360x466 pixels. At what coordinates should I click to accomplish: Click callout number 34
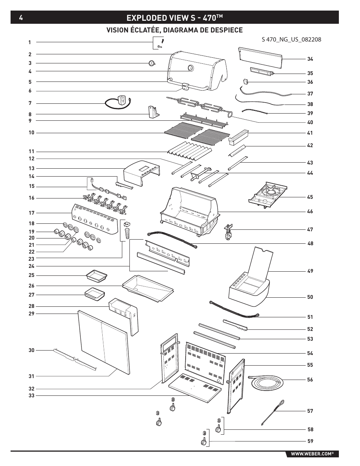click(310, 59)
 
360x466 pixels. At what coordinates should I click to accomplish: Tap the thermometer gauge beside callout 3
click(152, 63)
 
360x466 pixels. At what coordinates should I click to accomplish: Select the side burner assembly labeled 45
click(268, 195)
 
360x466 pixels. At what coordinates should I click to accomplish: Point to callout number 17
click(32, 213)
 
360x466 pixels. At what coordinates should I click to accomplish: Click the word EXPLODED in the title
click(146, 18)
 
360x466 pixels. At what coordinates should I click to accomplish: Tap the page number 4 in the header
click(21, 18)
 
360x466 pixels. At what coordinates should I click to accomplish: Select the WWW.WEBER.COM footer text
click(312, 454)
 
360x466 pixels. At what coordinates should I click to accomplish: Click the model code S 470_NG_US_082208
click(291, 40)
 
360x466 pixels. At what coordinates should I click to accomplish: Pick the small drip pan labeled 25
click(96, 276)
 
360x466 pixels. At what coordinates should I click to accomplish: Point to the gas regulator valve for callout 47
click(229, 232)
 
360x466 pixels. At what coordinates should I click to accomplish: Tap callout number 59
click(310, 441)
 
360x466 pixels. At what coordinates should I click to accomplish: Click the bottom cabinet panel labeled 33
click(195, 388)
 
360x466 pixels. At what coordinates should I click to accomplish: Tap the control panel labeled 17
click(95, 219)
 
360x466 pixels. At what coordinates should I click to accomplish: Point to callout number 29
click(32, 314)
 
